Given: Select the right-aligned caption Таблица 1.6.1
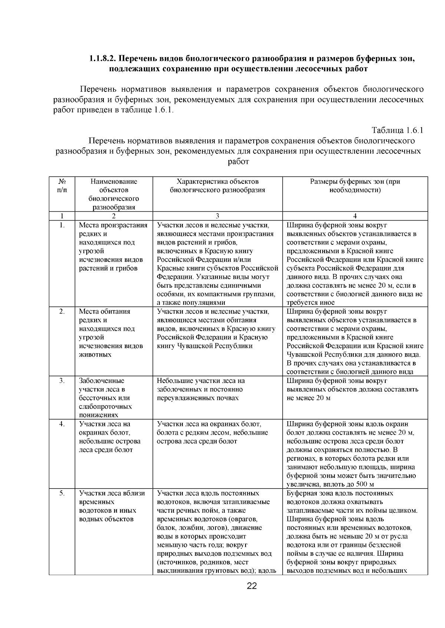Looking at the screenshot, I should (397, 130).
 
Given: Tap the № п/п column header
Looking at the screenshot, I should (62, 186).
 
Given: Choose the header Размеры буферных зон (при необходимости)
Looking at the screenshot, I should (355, 186).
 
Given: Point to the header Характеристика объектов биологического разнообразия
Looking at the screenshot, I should (217, 186).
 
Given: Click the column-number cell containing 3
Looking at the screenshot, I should (217, 216).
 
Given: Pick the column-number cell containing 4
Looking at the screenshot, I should (355, 216).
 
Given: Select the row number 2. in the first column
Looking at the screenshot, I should (62, 311).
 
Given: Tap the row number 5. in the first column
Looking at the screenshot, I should (62, 493).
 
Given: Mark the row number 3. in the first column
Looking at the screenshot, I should (62, 381).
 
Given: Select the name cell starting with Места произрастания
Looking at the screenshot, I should (113, 247).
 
